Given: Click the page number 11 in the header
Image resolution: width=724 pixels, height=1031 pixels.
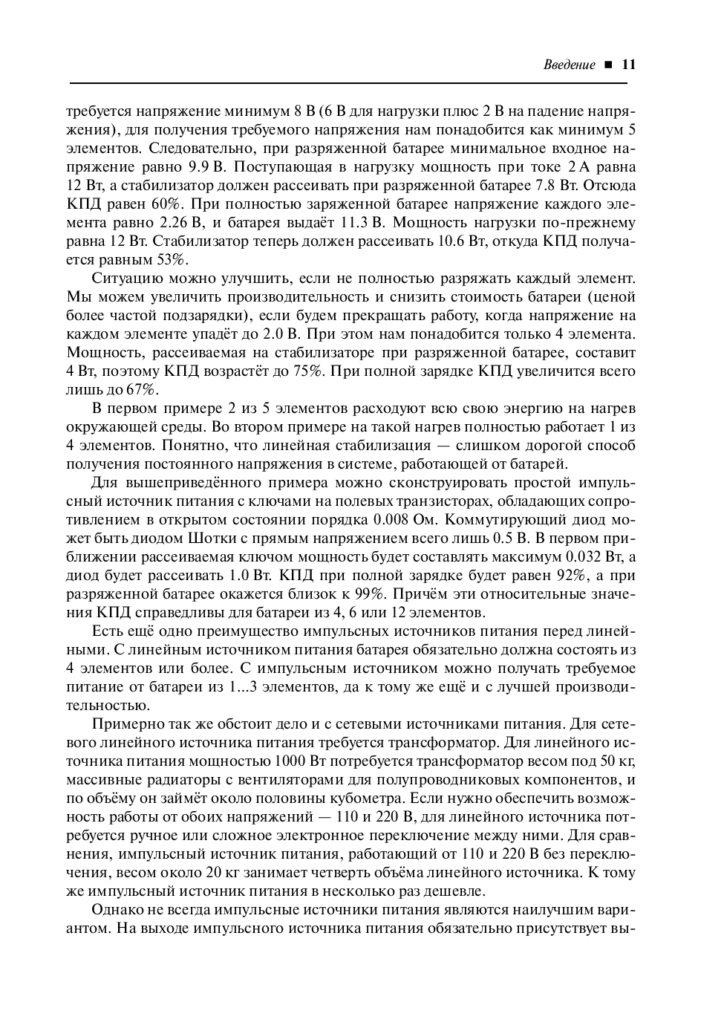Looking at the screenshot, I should (x=628, y=65).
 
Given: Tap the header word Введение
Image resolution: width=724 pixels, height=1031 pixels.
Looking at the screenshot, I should (x=570, y=65).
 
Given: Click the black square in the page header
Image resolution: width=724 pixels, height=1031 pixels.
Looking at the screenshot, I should (x=608, y=65).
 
